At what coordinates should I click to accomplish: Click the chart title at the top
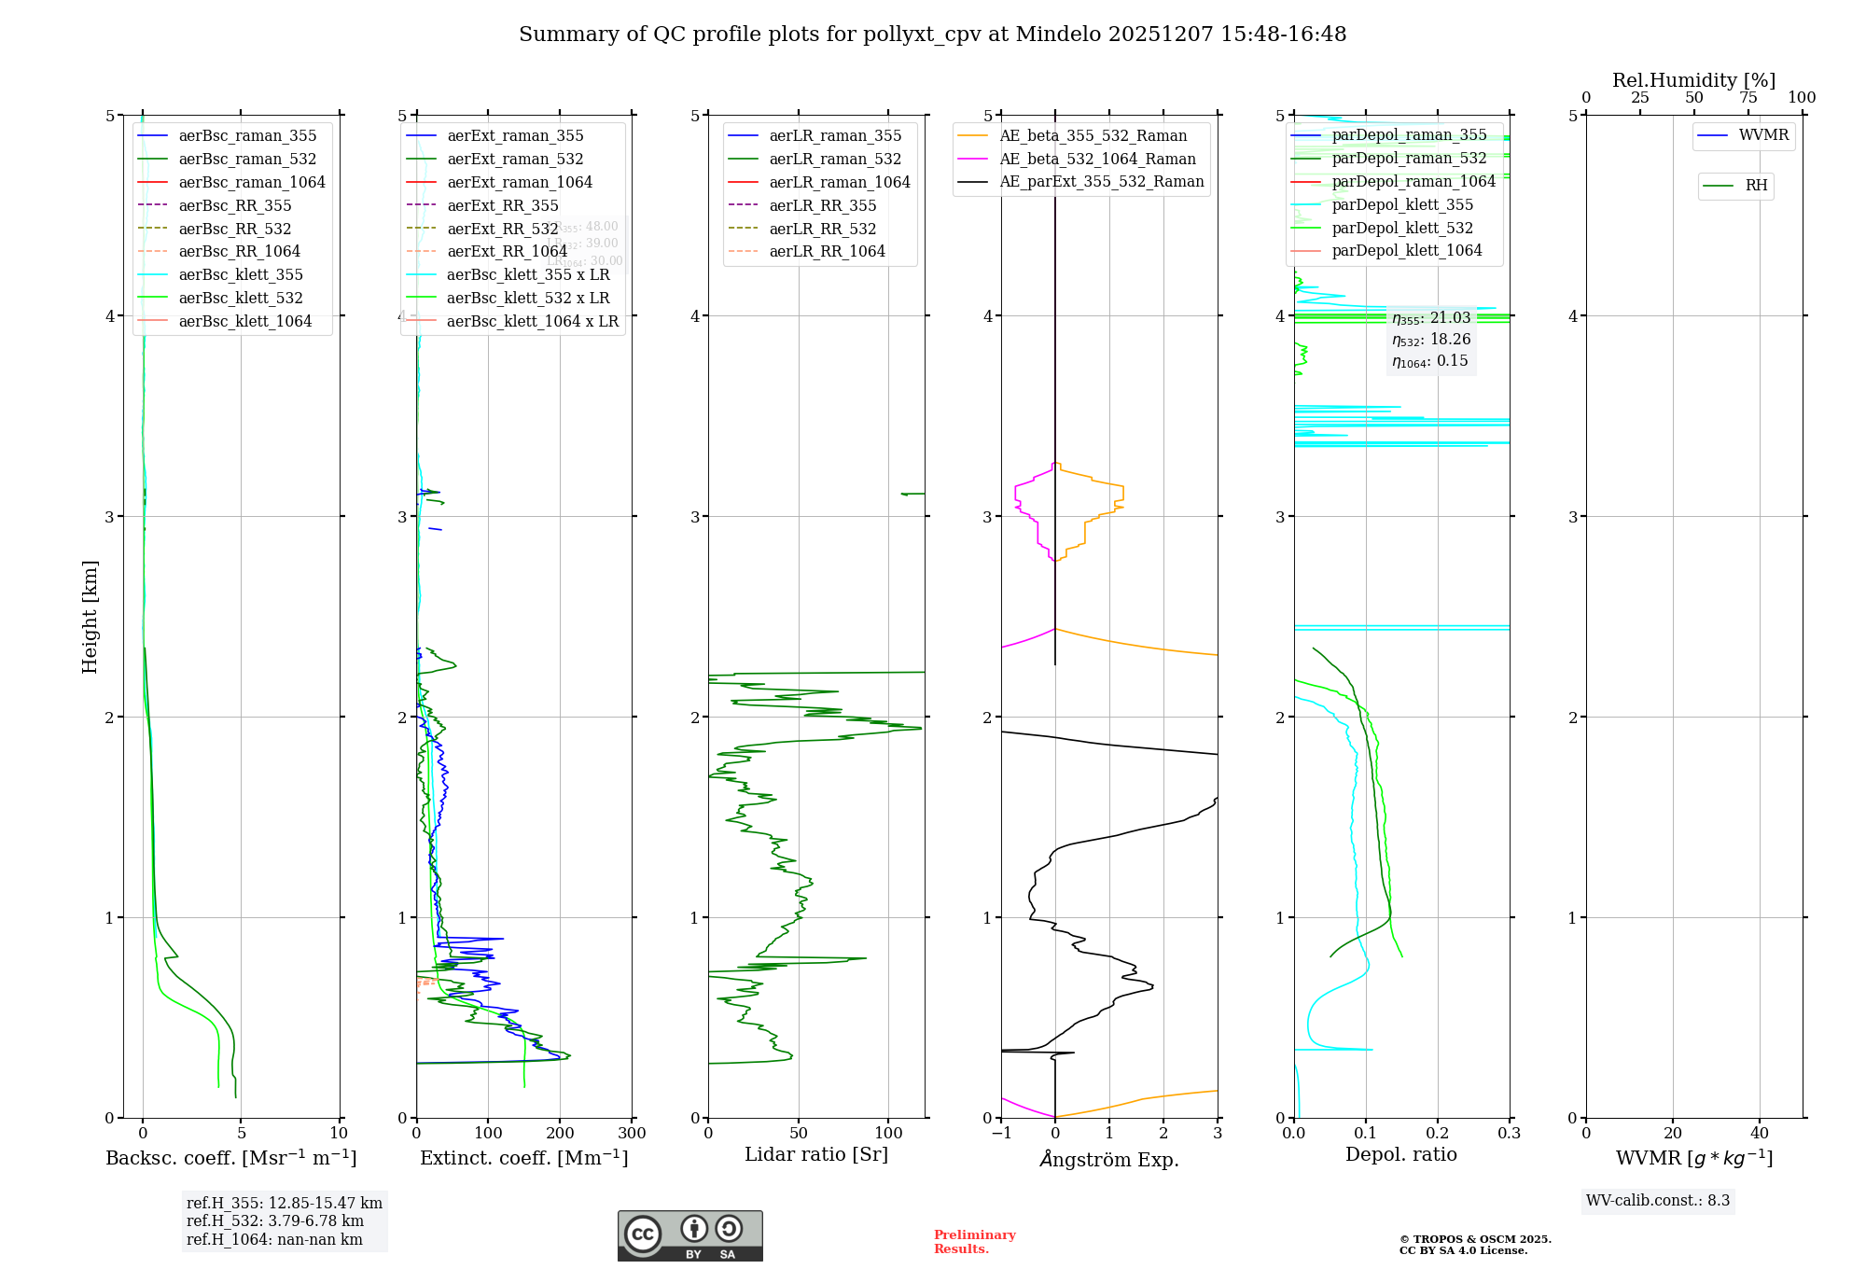(x=932, y=35)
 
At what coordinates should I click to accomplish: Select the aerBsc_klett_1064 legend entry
(x=244, y=321)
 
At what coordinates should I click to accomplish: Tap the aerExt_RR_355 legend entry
(x=502, y=205)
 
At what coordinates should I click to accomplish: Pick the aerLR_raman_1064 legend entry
(x=839, y=182)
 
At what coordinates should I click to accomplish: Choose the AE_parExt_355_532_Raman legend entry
(x=1101, y=181)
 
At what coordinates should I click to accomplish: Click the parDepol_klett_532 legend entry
(x=1401, y=228)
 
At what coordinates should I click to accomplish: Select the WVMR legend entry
(x=1762, y=135)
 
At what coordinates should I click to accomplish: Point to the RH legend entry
(x=1755, y=186)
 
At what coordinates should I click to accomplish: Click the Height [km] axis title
(x=90, y=616)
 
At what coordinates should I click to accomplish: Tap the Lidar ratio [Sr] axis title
(x=816, y=1154)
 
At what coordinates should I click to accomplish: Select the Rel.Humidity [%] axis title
(x=1693, y=80)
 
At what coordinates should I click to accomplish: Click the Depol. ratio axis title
(x=1400, y=1154)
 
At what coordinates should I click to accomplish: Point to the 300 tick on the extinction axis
(x=632, y=1134)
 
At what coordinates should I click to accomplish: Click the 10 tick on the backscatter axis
(x=339, y=1134)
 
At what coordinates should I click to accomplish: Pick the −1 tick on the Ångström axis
(x=1001, y=1134)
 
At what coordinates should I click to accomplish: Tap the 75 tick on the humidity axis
(x=1748, y=98)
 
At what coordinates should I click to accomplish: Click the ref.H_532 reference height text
(x=274, y=1220)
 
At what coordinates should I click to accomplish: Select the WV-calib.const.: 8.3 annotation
(x=1657, y=1200)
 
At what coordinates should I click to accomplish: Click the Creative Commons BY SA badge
(x=689, y=1235)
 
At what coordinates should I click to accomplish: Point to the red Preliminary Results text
(x=974, y=1241)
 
